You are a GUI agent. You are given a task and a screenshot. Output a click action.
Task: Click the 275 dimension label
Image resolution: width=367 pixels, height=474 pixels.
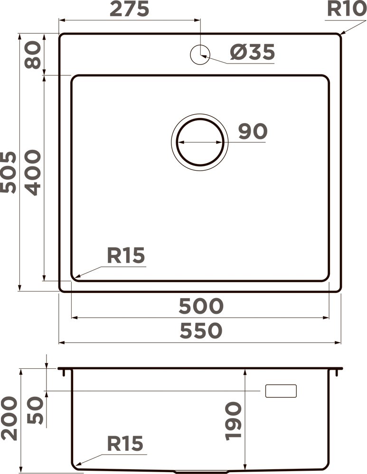129,9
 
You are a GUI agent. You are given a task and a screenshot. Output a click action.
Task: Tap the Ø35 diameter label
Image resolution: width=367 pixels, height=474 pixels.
252,52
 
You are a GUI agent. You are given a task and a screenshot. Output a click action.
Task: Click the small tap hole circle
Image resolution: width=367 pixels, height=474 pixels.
200,55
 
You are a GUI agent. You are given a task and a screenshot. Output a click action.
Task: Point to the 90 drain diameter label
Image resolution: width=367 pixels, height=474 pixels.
252,131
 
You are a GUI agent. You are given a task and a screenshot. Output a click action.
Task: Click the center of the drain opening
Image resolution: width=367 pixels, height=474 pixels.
199,142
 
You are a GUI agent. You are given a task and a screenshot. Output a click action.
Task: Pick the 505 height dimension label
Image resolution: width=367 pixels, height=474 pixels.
8,172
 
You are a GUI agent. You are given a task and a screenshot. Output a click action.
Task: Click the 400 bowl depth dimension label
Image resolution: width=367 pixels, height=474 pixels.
33,172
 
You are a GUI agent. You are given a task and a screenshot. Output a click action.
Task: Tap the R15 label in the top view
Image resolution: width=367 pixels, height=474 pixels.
125,256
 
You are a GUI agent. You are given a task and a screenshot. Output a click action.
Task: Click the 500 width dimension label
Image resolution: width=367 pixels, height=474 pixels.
200,307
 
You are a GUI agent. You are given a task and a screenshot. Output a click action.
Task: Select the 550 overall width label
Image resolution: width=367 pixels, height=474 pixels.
200,331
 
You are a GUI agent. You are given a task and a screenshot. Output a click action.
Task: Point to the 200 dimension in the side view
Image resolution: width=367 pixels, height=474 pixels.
9,419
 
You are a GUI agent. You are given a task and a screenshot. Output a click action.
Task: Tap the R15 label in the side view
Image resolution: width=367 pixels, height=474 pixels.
124,444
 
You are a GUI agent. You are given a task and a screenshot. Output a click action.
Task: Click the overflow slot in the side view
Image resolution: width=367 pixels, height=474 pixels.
281,391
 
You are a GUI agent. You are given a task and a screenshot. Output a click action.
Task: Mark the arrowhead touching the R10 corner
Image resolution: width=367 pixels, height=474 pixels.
340,34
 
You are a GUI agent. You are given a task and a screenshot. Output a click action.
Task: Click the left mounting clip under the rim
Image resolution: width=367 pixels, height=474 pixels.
63,373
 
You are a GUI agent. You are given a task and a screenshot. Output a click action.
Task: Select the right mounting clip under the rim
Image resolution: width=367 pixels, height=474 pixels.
337,373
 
